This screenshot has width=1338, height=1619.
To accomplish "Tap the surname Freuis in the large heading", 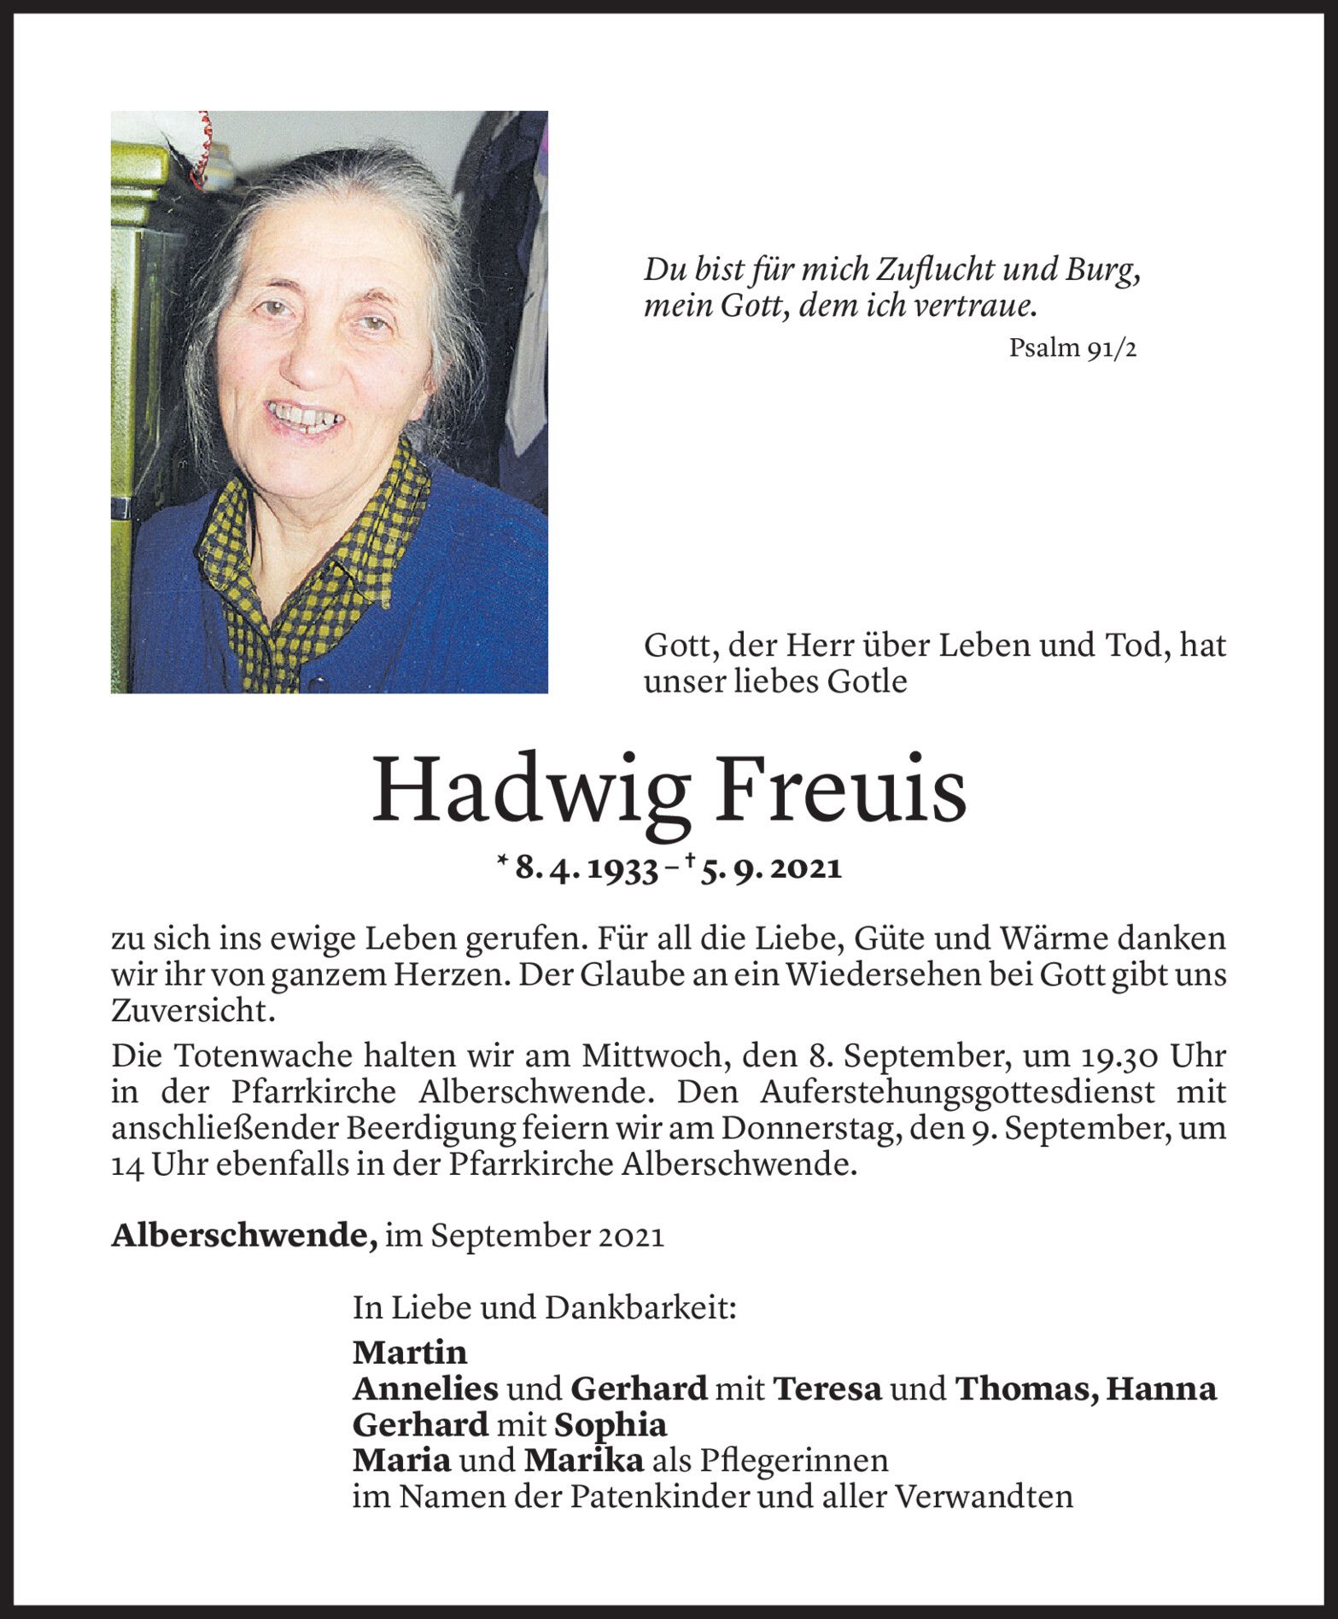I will tap(841, 790).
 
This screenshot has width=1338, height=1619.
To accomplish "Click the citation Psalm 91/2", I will tap(1072, 348).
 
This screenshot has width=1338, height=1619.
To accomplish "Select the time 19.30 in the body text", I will tap(1117, 1056).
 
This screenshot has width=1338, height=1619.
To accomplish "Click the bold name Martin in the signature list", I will tap(410, 1353).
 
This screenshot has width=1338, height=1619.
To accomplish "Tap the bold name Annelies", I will tap(425, 1389).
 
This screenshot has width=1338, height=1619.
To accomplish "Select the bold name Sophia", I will tap(611, 1425).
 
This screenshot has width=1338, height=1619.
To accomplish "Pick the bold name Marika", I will tap(584, 1461).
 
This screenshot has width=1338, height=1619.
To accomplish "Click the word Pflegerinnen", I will tap(793, 1461).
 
